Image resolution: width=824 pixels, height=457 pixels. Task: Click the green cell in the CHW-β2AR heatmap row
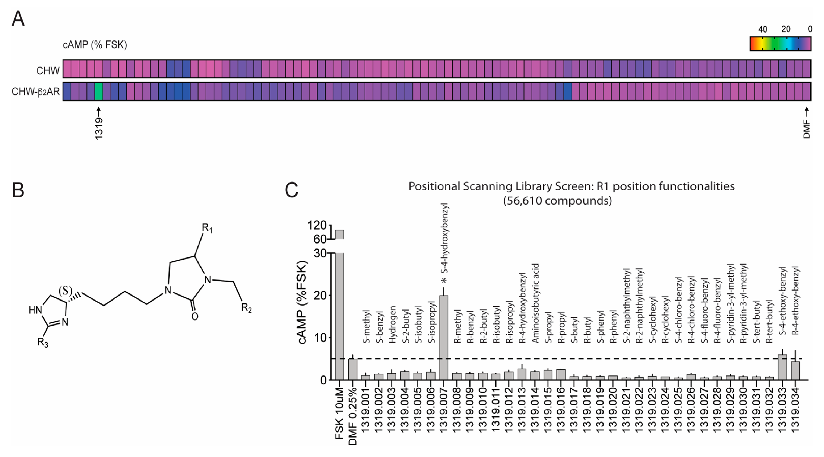(x=99, y=91)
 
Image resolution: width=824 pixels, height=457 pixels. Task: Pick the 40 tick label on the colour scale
(x=763, y=29)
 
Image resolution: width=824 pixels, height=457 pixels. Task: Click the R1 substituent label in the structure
(x=207, y=228)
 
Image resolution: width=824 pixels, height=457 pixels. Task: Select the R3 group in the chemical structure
(x=42, y=343)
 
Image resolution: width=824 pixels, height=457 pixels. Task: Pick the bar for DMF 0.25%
(x=353, y=369)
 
